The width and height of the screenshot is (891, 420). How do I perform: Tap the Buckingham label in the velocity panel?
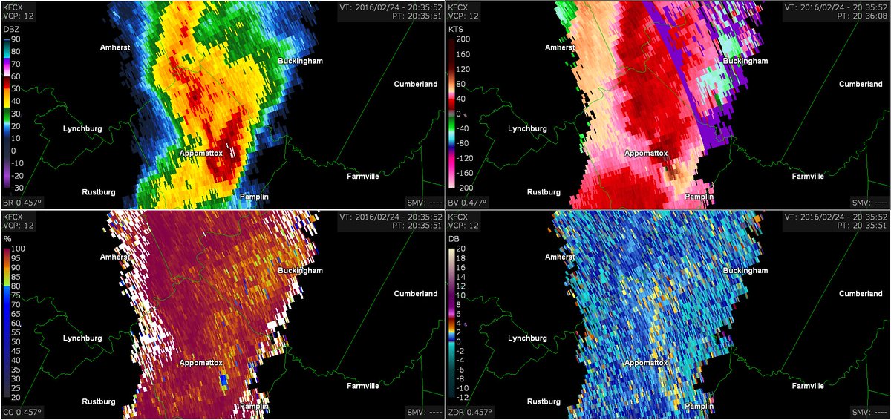click(x=745, y=61)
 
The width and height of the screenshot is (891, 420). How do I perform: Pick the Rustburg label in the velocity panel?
click(x=545, y=191)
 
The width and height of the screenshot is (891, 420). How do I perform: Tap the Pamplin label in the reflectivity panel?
click(x=254, y=197)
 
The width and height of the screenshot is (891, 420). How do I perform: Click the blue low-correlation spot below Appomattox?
click(x=224, y=381)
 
